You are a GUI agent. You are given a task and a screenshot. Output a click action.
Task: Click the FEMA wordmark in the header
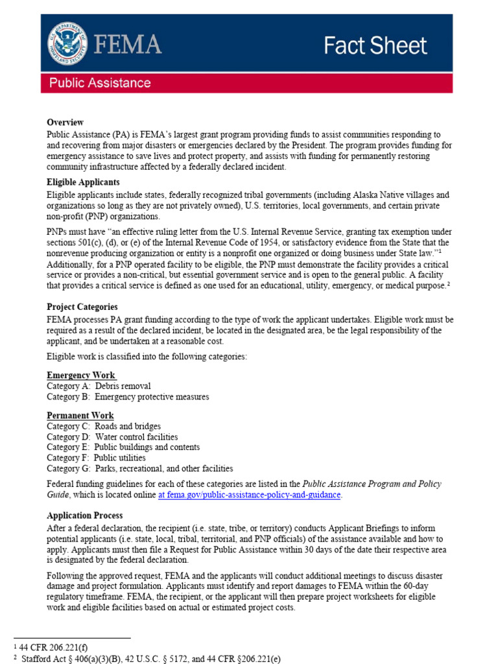pos(126,44)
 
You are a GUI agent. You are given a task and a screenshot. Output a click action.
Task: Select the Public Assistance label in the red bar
pos(101,83)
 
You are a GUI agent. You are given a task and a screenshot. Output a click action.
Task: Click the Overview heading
pos(65,122)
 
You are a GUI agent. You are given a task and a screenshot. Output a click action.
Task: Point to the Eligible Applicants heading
pos(83,182)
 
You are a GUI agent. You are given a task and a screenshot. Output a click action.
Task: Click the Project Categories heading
pos(82,307)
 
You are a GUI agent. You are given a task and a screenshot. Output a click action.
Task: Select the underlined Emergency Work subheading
pos(81,375)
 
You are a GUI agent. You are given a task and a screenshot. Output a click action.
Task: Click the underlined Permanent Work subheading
pos(80,415)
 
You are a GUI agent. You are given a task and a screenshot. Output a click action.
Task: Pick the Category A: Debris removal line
pos(99,386)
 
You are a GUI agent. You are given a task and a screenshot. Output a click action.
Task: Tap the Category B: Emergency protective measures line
pos(128,397)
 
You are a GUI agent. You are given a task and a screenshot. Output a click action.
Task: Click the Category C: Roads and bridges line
pos(104,426)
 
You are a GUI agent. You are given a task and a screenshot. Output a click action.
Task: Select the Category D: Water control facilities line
pos(112,437)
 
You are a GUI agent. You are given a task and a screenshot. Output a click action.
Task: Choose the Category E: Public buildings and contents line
pos(123,447)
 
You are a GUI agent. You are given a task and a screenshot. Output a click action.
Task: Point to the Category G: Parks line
pos(139,468)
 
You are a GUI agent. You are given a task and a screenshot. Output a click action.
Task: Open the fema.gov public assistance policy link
pos(249,495)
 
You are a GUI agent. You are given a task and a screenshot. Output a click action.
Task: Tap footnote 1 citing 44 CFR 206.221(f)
pos(48,646)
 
